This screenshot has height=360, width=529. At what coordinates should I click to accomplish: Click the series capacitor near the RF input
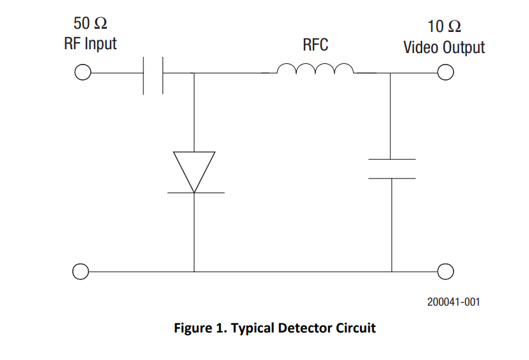[153, 75]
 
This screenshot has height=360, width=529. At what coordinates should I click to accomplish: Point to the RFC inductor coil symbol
[315, 68]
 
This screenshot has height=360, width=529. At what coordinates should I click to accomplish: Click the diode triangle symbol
[194, 172]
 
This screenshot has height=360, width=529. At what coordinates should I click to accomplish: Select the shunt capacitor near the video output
[392, 169]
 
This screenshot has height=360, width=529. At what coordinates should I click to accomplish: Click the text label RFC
[315, 45]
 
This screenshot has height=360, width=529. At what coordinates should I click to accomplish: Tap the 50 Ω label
[90, 23]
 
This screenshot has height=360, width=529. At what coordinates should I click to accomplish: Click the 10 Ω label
[444, 26]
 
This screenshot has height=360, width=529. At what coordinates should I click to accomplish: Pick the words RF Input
[90, 44]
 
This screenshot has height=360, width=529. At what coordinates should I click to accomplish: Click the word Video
[422, 47]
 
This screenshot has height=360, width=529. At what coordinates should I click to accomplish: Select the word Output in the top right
[464, 48]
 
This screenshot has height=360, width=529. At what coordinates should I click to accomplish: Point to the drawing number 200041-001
[454, 302]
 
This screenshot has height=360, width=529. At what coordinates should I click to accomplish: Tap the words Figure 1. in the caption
[200, 328]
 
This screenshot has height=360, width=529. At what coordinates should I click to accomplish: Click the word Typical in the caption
[253, 329]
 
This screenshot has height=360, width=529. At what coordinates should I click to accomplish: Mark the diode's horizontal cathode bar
[196, 193]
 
